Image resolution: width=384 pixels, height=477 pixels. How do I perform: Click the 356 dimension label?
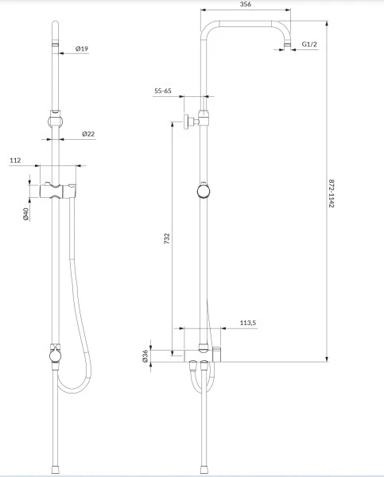[x=246, y=4]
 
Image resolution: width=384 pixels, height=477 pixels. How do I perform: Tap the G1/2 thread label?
[x=309, y=44]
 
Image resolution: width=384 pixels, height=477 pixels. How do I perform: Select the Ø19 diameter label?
[x=82, y=48]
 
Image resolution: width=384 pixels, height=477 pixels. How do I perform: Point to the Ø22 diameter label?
[x=88, y=134]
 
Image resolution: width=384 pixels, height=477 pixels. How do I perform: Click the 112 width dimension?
[x=15, y=161]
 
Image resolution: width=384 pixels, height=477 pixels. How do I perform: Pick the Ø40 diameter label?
[x=25, y=214]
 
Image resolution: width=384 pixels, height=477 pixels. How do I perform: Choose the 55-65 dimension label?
[x=163, y=91]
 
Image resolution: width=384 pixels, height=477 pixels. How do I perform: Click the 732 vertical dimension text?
[x=167, y=238]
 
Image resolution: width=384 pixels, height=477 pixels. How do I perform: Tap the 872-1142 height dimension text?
[x=332, y=193]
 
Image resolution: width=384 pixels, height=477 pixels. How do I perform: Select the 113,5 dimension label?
[x=248, y=323]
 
